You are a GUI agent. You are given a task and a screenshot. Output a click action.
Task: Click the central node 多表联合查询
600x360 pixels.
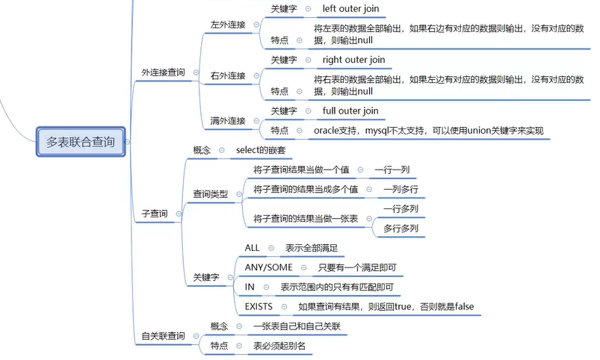coord(81,142)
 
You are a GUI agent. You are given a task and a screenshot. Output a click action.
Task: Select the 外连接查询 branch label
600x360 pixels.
coord(163,72)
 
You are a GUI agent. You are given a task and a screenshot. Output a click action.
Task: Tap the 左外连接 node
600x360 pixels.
coord(228,24)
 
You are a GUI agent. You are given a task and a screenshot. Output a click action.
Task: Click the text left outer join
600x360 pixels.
coord(350,8)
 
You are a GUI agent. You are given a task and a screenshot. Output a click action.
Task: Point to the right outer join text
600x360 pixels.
coord(353,60)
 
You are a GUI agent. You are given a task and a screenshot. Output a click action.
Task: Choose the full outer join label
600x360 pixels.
coord(350,111)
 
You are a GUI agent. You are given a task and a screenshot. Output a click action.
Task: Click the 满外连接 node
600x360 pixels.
coord(228,120)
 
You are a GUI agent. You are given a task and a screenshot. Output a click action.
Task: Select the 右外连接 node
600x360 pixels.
coord(228,75)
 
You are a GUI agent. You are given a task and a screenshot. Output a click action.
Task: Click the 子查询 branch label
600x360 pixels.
coord(155,214)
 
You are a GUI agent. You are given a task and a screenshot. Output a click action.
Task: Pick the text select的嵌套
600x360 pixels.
coord(262,150)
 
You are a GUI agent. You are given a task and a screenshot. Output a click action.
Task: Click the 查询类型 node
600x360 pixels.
coord(211,193)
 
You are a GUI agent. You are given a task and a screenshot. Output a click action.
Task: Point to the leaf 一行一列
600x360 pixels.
coord(392,170)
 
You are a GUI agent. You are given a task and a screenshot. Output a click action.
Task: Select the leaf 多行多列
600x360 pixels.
coord(400,228)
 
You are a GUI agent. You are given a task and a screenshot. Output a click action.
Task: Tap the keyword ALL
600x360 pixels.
coord(253,247)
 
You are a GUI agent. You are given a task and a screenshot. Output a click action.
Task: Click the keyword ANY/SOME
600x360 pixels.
coord(268,267)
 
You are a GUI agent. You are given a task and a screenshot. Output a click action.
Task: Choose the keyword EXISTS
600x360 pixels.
coord(259,306)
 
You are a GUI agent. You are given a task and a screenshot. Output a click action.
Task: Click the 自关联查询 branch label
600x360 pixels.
coord(163,336)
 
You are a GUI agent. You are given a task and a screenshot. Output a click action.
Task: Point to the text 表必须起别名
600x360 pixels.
coord(279,346)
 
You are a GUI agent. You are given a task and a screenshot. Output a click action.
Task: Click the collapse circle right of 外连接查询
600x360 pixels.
coord(196,72)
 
